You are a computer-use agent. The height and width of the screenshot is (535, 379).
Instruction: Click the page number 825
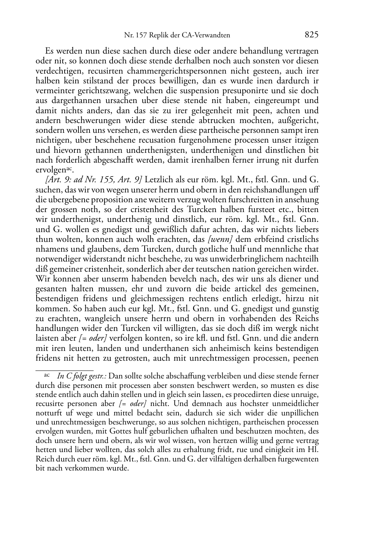(x=311, y=35)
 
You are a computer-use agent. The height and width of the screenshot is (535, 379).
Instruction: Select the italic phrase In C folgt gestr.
(x=82, y=377)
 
